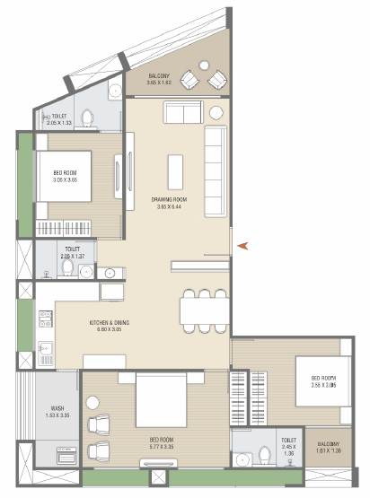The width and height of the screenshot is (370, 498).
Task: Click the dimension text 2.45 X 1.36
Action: [288, 453]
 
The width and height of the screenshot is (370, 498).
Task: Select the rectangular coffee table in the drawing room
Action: [175, 171]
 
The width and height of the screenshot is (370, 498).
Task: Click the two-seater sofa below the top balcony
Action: [181, 113]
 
